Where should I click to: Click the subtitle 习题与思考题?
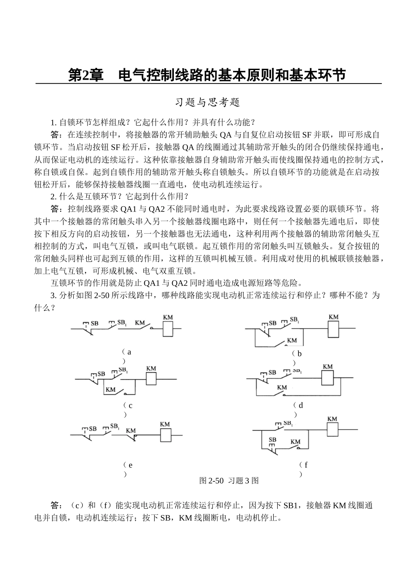(x=207, y=103)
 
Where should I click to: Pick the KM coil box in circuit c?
(x=151, y=379)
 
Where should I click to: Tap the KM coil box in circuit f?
(x=333, y=430)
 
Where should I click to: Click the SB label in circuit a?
(x=94, y=323)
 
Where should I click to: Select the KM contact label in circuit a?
(x=139, y=323)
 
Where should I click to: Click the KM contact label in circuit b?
(x=292, y=340)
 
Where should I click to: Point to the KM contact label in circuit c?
(x=111, y=389)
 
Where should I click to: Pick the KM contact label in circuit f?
(x=295, y=442)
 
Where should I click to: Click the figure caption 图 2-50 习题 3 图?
(x=229, y=481)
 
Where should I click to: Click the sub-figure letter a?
(x=129, y=352)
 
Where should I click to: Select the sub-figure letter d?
(x=300, y=405)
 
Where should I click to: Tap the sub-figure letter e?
(x=130, y=465)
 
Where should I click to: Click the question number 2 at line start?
(x=53, y=196)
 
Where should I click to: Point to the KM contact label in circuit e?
(x=131, y=430)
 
